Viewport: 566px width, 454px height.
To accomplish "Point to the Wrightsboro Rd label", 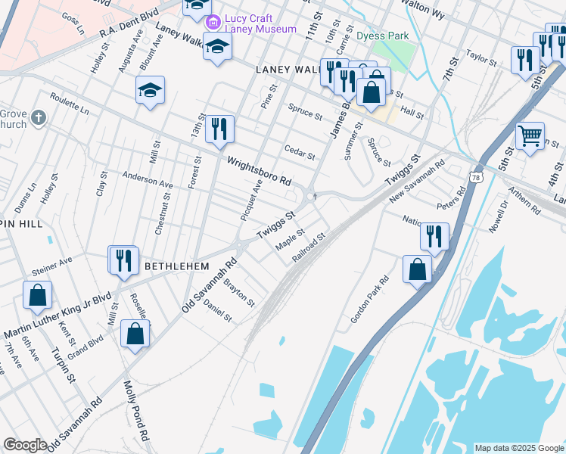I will (x=260, y=171).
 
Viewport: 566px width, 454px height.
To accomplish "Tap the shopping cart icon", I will (x=530, y=136).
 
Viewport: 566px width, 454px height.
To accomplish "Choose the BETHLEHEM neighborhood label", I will (x=176, y=266).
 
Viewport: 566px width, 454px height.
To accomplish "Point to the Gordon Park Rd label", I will (x=369, y=300).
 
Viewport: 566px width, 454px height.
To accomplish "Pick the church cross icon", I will (x=39, y=118).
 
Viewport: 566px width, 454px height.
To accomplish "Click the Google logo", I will (x=25, y=445).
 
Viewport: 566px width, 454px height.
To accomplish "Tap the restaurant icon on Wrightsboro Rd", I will (x=219, y=128).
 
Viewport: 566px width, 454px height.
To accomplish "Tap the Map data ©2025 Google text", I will (x=519, y=448).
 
